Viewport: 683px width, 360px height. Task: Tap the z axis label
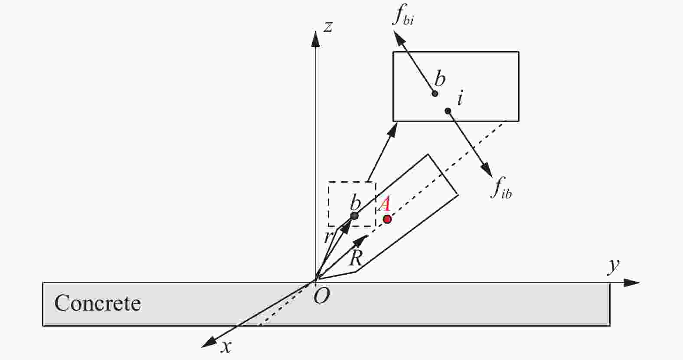click(x=328, y=27)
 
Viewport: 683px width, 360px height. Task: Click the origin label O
click(x=322, y=296)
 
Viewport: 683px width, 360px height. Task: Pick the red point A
click(x=387, y=219)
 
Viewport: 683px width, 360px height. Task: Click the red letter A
click(x=384, y=204)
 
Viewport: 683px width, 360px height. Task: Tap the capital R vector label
click(x=356, y=258)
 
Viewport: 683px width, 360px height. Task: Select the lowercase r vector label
click(x=328, y=237)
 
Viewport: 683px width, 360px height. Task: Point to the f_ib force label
click(x=502, y=188)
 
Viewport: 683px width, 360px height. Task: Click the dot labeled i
click(x=448, y=111)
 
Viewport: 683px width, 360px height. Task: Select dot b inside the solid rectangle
click(x=435, y=94)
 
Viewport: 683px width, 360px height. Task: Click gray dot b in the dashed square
click(x=354, y=216)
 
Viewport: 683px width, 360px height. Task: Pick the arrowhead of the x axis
click(x=209, y=343)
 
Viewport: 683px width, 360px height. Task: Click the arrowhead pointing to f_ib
click(x=487, y=170)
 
